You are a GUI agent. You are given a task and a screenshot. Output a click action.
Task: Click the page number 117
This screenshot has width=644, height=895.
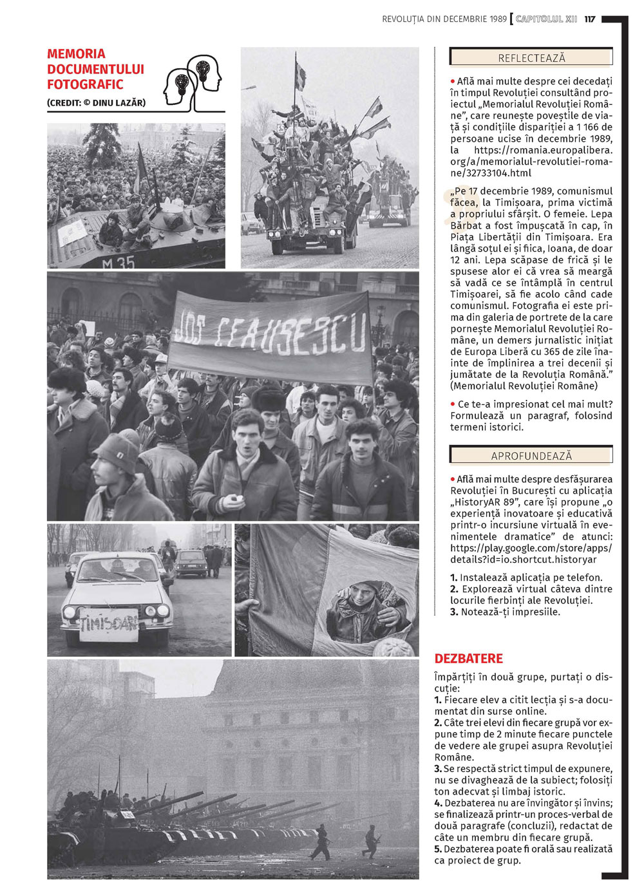590,19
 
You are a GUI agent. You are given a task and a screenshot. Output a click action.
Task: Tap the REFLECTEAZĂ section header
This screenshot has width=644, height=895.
531,58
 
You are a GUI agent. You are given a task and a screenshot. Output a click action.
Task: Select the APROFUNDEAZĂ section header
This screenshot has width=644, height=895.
531,456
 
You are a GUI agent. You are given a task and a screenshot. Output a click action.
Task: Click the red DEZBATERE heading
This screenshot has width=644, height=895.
468,659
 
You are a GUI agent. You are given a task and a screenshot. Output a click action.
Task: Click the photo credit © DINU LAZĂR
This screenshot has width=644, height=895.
96,102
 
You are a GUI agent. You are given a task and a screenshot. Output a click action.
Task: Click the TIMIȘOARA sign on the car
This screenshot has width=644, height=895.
109,624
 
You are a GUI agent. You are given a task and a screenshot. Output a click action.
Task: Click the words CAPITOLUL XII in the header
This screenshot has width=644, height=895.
546,19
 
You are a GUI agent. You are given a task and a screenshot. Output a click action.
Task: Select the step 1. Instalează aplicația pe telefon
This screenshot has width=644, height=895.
526,578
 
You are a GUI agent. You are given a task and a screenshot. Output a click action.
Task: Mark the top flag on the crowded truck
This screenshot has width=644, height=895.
300,74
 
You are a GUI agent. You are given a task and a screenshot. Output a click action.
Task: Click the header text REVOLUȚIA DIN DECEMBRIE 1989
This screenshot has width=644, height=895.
444,19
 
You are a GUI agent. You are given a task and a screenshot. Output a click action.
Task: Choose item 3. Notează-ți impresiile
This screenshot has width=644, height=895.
505,612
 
